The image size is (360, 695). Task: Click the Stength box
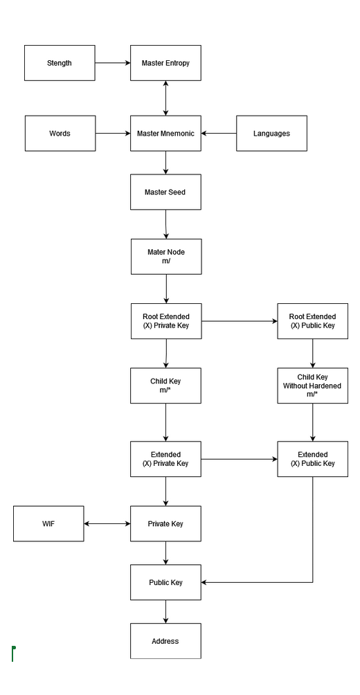(x=60, y=63)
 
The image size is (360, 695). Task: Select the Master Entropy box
(x=165, y=63)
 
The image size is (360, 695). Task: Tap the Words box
(x=60, y=134)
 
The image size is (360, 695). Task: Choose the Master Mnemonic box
(x=165, y=134)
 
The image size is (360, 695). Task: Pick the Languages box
(x=271, y=134)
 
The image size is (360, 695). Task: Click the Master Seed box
(x=165, y=192)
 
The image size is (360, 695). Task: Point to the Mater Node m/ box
(x=166, y=257)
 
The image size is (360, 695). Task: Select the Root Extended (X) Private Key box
(x=166, y=321)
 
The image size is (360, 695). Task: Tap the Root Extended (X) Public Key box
(x=312, y=321)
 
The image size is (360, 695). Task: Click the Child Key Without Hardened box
(x=312, y=386)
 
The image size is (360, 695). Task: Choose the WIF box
(x=48, y=524)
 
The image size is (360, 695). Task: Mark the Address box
(x=165, y=641)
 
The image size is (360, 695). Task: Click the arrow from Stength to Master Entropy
(x=113, y=63)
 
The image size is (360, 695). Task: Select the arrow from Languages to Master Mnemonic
(x=219, y=134)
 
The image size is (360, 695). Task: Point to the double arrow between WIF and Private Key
(x=107, y=524)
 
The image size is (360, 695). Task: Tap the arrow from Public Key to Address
(x=166, y=612)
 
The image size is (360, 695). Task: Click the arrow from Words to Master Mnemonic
(x=113, y=134)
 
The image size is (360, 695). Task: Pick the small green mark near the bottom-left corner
(x=13, y=653)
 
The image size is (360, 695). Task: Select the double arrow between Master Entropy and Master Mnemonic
(x=165, y=98)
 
